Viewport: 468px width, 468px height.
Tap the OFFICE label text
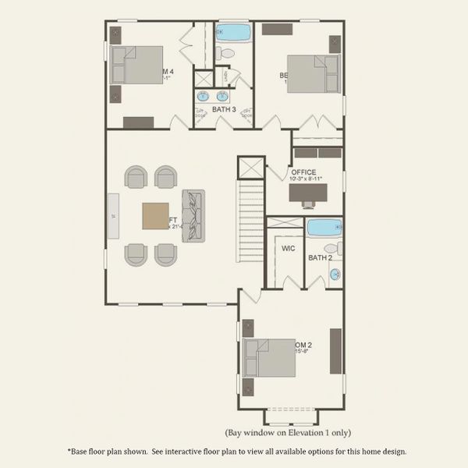[303, 172]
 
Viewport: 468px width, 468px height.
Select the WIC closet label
[288, 249]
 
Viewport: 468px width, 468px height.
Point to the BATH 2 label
[321, 257]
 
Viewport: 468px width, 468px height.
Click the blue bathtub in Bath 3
[232, 34]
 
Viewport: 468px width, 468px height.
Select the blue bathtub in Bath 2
[322, 228]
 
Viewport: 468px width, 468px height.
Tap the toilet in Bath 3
[225, 54]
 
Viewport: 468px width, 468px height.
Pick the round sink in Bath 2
[335, 274]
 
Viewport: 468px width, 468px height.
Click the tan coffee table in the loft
[154, 215]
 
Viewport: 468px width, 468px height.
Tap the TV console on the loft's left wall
[114, 216]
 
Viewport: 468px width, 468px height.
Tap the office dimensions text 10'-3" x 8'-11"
[306, 179]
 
